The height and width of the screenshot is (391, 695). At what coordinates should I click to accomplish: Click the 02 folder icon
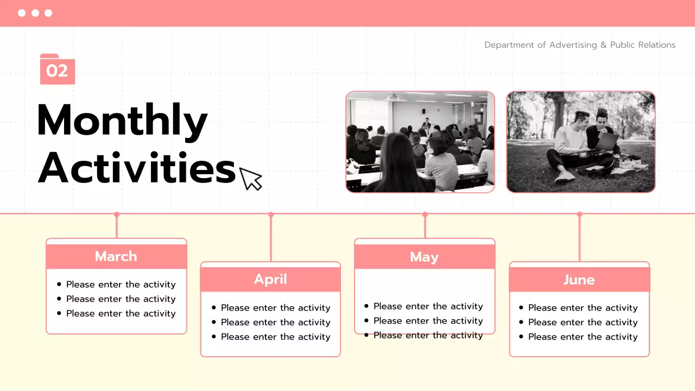(57, 70)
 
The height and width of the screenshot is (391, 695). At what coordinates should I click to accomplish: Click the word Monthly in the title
(122, 120)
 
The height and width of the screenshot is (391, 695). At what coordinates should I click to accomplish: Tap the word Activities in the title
(136, 168)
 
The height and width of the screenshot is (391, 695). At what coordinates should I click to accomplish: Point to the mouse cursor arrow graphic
(250, 179)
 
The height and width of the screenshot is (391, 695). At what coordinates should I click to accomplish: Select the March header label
(116, 256)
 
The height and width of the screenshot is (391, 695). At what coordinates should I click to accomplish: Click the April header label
(270, 279)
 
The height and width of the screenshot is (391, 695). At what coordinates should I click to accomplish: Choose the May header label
(424, 257)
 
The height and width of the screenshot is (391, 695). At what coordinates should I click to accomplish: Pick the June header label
(579, 280)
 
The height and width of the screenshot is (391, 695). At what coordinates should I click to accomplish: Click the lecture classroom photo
(420, 142)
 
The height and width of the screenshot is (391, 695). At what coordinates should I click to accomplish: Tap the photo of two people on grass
(580, 142)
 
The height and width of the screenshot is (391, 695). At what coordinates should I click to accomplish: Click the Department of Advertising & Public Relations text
(579, 45)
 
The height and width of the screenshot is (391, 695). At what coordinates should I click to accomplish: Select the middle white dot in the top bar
(35, 13)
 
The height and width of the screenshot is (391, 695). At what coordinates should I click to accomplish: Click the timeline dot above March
(116, 215)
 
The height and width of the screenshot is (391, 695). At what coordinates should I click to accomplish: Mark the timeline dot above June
(579, 215)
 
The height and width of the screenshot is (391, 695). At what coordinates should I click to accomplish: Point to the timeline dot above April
(271, 215)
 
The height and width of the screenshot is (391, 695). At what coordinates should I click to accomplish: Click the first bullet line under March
(121, 285)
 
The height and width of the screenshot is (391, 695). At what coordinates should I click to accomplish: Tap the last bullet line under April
(275, 337)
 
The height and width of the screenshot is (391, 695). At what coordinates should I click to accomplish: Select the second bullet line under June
(583, 322)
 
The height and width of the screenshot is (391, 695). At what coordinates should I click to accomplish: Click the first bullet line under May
(428, 306)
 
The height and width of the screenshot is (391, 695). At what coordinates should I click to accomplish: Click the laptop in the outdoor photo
(606, 143)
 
